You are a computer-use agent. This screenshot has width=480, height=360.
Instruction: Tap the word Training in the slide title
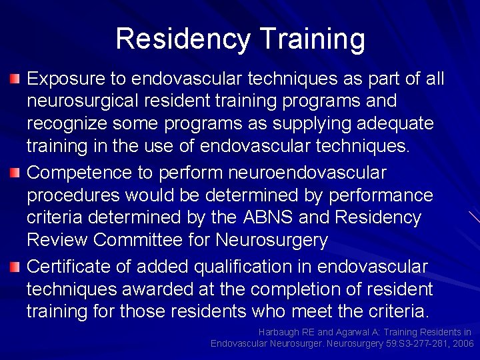tap(312, 39)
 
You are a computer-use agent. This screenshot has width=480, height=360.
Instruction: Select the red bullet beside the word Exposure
tap(15, 80)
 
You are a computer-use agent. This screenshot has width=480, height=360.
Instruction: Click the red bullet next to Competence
tap(15, 174)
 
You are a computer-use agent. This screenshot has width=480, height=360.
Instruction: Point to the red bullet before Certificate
tap(15, 267)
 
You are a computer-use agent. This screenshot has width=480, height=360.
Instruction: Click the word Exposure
tap(65, 79)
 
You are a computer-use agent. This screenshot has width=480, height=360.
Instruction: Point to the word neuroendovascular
tap(307, 173)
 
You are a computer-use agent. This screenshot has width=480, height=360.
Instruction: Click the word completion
tap(310, 290)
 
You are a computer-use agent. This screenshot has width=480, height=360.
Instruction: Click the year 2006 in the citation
tap(463, 343)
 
